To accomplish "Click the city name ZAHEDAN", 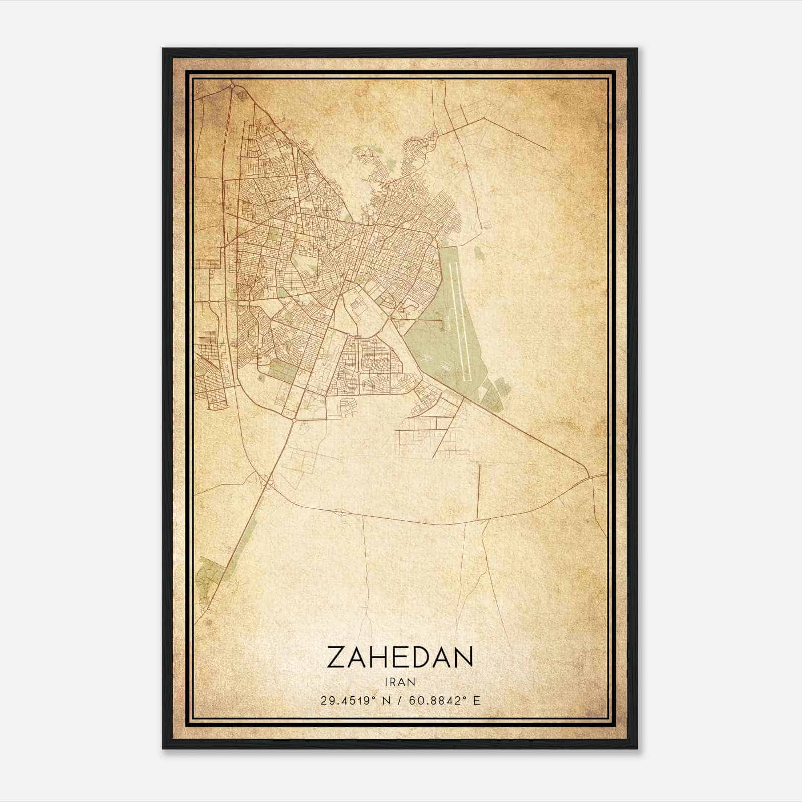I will click(x=400, y=657).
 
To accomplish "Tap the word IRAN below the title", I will click(x=400, y=682).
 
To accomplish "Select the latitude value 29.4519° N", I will click(x=353, y=700).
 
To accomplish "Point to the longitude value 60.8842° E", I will click(x=445, y=700).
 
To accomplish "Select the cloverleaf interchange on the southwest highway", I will click(x=267, y=482).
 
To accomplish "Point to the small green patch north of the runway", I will click(x=479, y=253).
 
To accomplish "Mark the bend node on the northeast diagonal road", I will click(x=484, y=119).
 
